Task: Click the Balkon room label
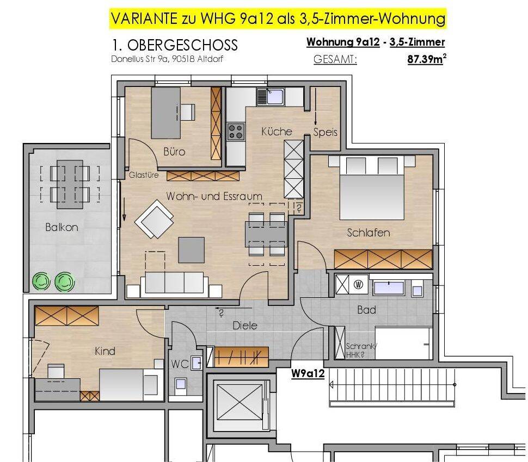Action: (x=62, y=227)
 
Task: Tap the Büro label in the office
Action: (x=174, y=152)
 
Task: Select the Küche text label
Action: (x=277, y=131)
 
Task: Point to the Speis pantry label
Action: (x=325, y=132)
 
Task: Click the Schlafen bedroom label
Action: (x=369, y=233)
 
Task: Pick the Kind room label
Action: (x=105, y=351)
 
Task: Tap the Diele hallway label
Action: (x=245, y=326)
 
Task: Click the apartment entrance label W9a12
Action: (x=308, y=373)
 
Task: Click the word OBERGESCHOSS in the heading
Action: (x=182, y=45)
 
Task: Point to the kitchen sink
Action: (x=271, y=97)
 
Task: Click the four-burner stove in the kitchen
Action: (x=236, y=132)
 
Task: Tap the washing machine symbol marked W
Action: (x=358, y=285)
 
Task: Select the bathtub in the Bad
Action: (x=389, y=288)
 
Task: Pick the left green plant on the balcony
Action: (x=41, y=282)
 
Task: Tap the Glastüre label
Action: (x=144, y=175)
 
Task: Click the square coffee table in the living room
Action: (x=191, y=250)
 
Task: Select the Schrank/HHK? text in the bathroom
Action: (x=361, y=350)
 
